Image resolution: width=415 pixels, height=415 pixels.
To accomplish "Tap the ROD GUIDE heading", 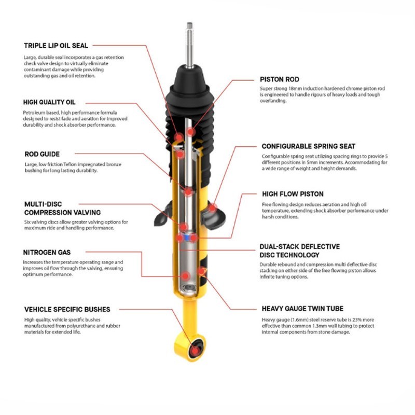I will (x=42, y=154).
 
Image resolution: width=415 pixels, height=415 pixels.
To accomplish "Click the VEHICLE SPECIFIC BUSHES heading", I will (x=67, y=309).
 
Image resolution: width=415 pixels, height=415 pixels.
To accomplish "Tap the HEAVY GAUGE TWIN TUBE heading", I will (x=302, y=308).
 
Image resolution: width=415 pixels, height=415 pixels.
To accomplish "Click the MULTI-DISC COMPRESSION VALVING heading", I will (x=62, y=209).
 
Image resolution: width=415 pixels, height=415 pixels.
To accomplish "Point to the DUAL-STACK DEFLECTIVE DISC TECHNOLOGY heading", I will (x=300, y=251).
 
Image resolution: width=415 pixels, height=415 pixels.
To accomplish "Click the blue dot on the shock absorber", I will (x=180, y=237).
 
